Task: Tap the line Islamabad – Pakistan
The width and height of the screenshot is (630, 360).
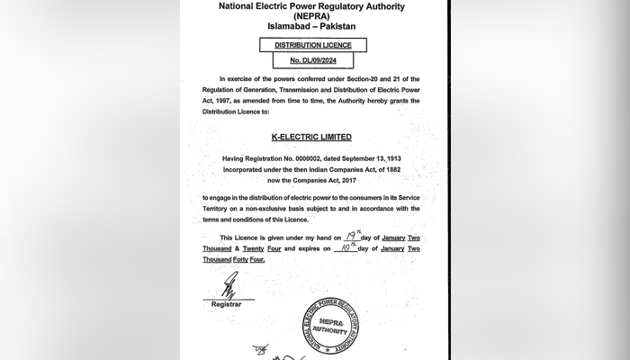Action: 311,27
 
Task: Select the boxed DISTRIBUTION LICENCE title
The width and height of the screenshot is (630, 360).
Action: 311,43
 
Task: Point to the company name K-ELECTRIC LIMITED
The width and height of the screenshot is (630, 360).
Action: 311,137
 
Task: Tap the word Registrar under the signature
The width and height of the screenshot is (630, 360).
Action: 226,305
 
